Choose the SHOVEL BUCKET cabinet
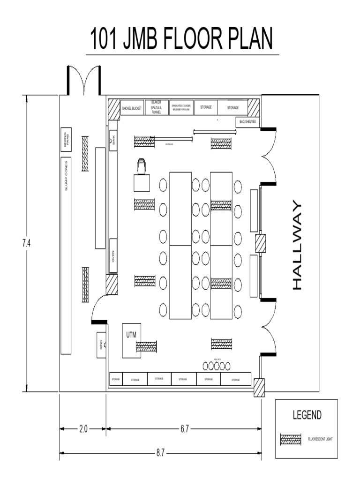pyautogui.click(x=132, y=108)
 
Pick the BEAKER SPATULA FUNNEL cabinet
pyautogui.click(x=156, y=108)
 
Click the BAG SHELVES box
pyautogui.click(x=247, y=121)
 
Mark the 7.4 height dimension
pyautogui.click(x=27, y=243)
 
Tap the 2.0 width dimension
pyautogui.click(x=82, y=428)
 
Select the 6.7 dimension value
pyautogui.click(x=185, y=428)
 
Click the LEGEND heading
pyautogui.click(x=307, y=415)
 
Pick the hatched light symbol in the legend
pyautogui.click(x=291, y=439)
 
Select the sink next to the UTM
pyautogui.click(x=101, y=346)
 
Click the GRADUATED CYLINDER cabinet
pyautogui.click(x=180, y=108)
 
